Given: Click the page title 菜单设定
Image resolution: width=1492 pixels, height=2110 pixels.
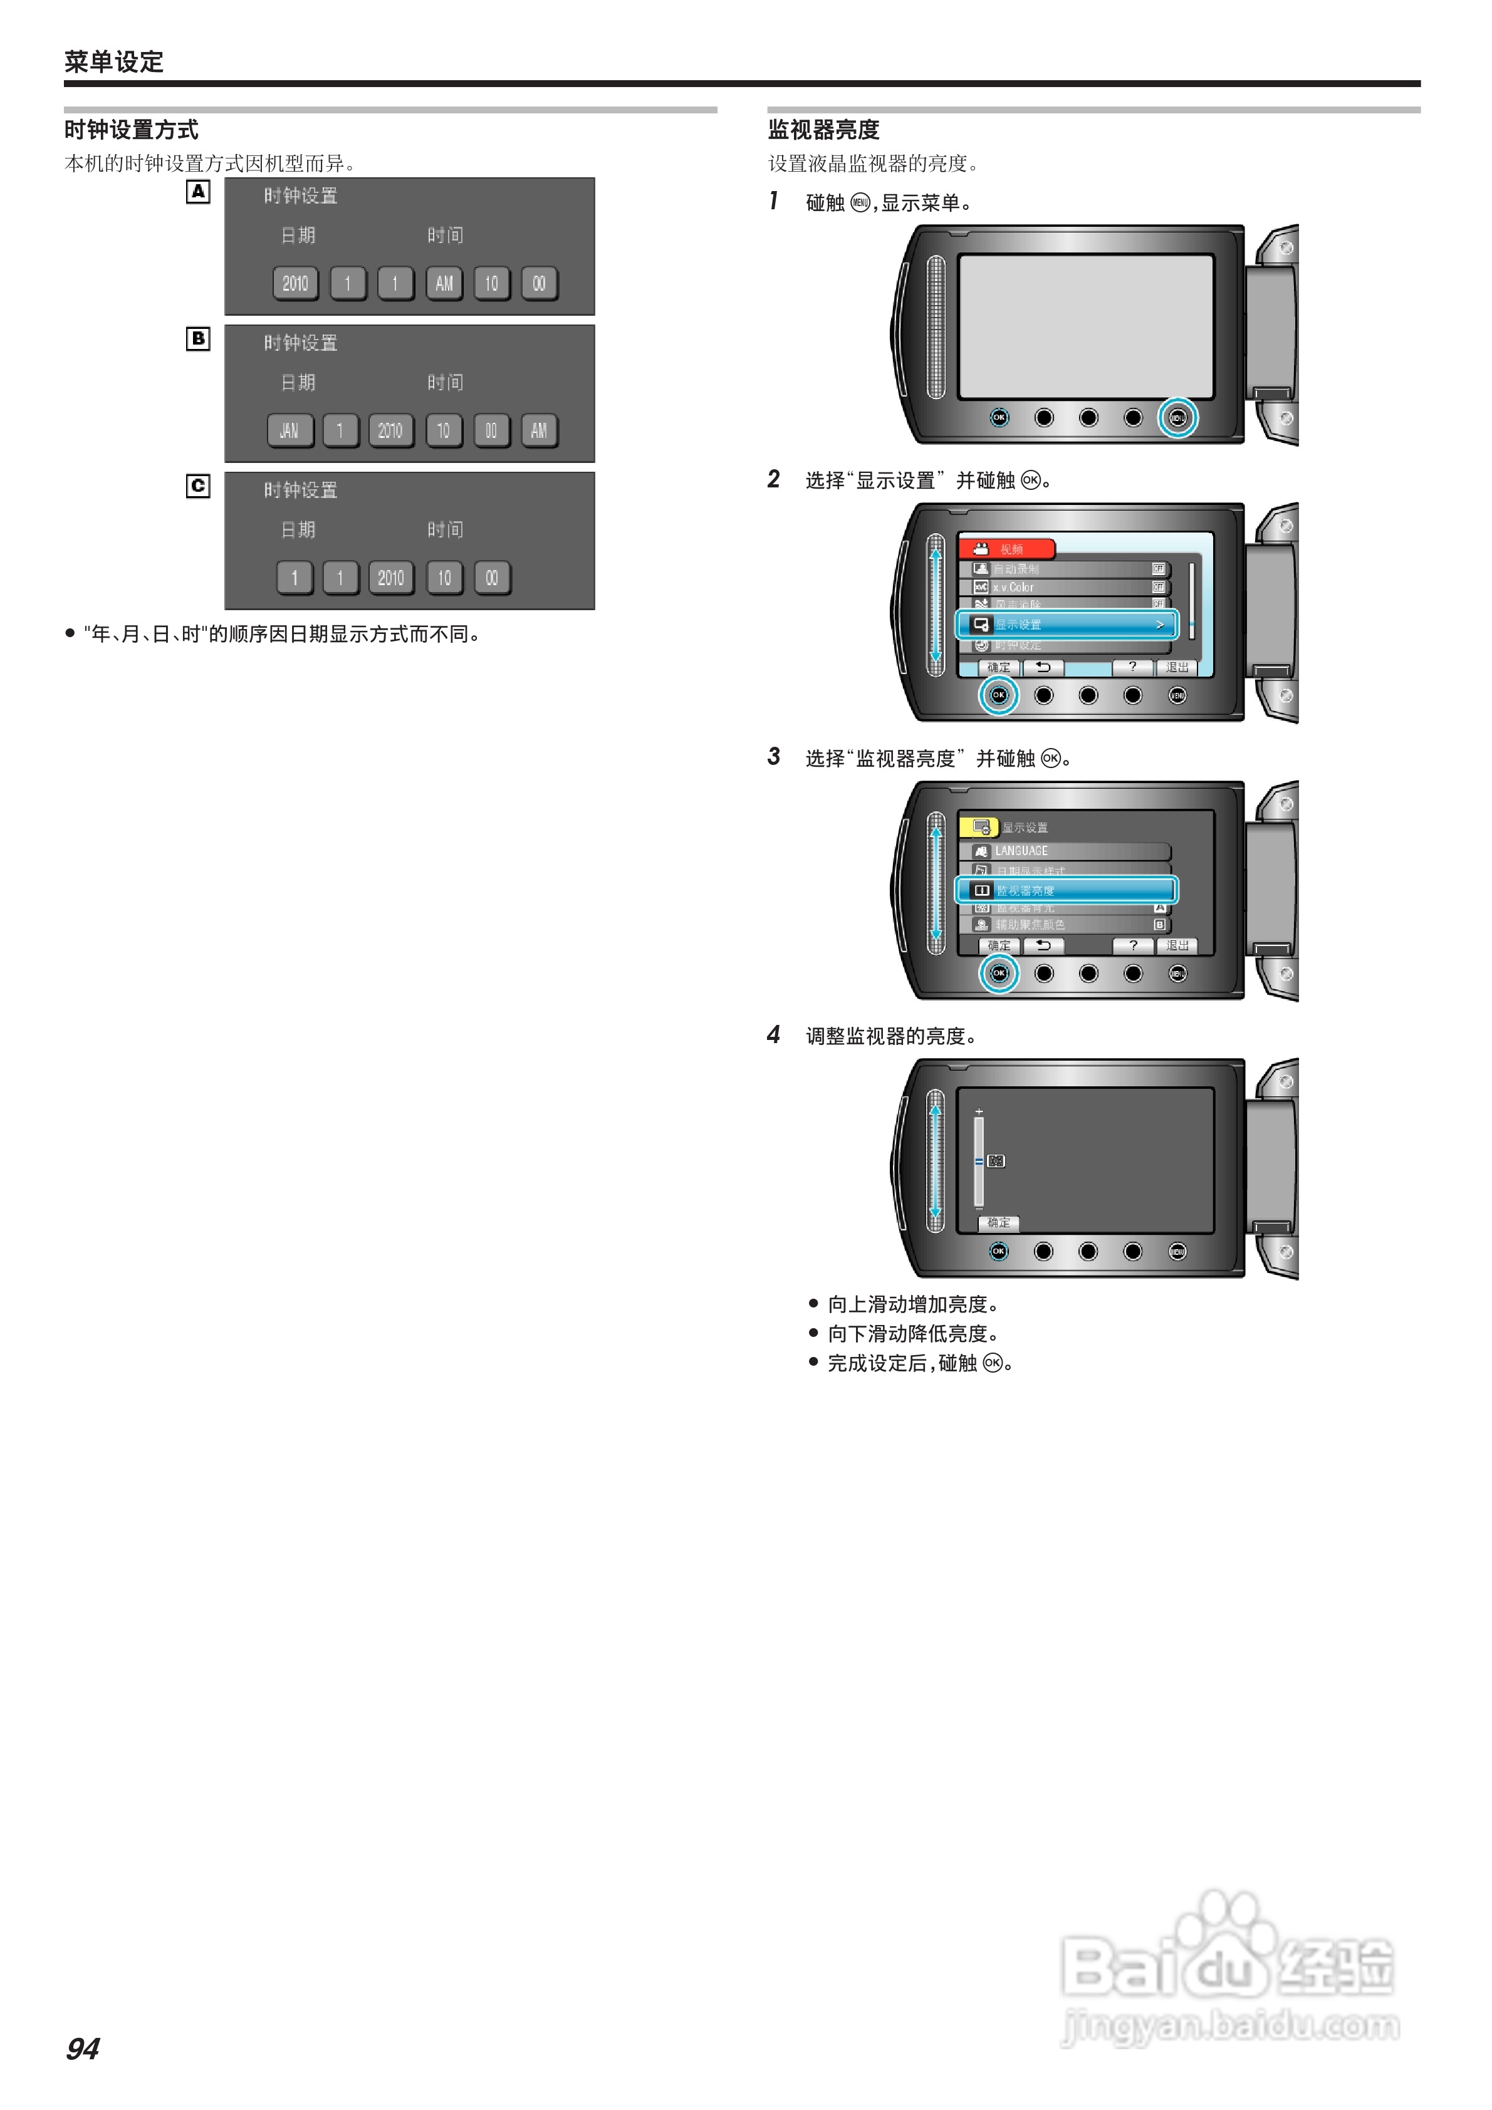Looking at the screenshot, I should tap(114, 61).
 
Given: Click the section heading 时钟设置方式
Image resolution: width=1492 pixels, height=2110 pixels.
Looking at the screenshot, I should tap(132, 130).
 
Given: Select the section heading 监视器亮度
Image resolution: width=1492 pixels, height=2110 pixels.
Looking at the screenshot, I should tap(823, 130).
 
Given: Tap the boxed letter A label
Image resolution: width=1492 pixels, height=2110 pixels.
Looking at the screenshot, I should tap(197, 192).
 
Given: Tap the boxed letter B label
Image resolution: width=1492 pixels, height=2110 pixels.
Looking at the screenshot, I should tap(197, 339).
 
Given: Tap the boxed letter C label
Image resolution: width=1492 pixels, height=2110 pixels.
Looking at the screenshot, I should tap(197, 486).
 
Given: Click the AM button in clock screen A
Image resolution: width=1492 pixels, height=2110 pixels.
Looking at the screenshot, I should tap(444, 284).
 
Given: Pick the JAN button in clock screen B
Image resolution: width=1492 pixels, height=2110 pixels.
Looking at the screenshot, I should tap(290, 431).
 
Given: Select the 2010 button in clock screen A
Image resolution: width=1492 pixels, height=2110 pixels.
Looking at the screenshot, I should tap(295, 284).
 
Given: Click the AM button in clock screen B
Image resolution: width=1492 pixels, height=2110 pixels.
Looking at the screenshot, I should tap(539, 431).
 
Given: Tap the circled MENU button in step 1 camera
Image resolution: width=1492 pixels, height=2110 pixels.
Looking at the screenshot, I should tap(1177, 418).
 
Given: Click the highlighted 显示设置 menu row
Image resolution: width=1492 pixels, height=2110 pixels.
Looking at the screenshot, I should tap(1067, 625).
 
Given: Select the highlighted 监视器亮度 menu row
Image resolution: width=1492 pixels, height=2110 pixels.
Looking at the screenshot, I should tap(1067, 890).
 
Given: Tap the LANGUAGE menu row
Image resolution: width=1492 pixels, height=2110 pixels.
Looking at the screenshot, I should tap(1067, 851).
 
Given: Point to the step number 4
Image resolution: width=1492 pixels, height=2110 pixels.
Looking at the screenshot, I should tap(774, 1035).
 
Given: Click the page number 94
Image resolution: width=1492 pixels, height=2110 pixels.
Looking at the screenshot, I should tap(83, 2049).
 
